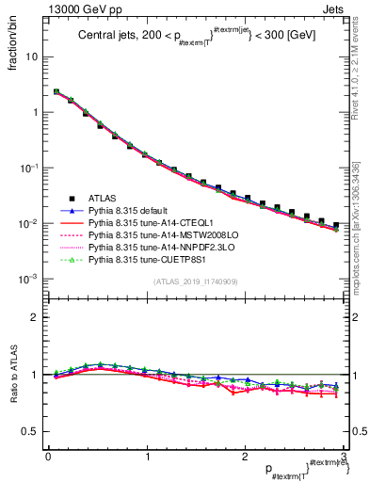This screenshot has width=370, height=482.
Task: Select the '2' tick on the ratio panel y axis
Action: [x=36, y=317]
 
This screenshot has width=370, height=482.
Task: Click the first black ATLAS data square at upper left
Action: [x=56, y=92]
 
